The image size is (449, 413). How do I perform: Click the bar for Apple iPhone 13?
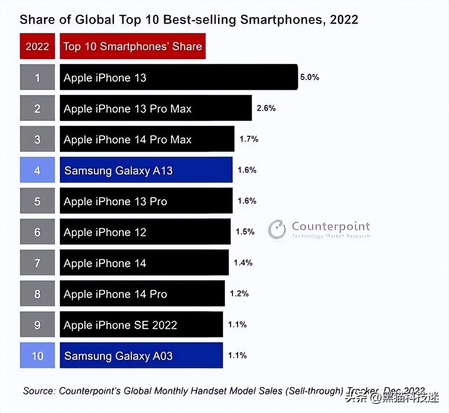(179, 77)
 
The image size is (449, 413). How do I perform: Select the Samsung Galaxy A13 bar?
(146, 170)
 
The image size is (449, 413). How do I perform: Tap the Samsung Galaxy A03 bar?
(141, 355)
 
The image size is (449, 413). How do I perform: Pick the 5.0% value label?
(309, 77)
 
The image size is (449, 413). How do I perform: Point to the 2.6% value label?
(266, 108)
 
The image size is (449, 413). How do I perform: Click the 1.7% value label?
(249, 139)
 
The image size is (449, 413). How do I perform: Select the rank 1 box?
(37, 77)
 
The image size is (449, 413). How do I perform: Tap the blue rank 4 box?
(37, 170)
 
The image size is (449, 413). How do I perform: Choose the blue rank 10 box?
(37, 355)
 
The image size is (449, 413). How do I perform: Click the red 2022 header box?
(37, 46)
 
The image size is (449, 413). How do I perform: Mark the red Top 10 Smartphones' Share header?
(133, 46)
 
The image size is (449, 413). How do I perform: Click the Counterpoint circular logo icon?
(277, 229)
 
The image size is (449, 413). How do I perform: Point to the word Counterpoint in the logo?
(331, 226)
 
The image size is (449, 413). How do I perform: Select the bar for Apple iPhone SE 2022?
(141, 324)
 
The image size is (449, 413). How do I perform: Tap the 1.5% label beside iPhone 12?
(245, 232)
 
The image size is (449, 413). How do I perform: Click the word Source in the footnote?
(39, 391)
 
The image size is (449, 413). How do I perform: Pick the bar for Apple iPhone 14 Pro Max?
(147, 139)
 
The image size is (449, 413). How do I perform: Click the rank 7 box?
(37, 263)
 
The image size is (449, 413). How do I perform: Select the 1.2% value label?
(239, 293)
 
